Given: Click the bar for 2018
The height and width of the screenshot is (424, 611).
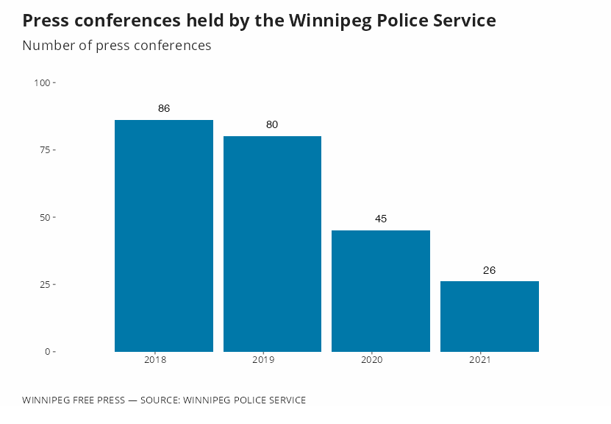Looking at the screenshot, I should coord(164,236).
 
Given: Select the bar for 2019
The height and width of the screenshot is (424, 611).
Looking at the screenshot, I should coord(272,244).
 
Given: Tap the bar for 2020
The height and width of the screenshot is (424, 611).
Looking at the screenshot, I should coord(381,291).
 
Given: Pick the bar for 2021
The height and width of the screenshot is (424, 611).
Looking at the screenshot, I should coord(490,317).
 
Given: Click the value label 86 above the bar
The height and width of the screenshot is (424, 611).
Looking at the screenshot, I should coord(164,108).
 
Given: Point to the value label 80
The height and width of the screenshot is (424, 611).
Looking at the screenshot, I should coord(272,124).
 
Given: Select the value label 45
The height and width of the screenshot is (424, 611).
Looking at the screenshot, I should coord(381,219).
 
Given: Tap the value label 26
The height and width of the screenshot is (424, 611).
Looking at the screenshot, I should coord(490,270).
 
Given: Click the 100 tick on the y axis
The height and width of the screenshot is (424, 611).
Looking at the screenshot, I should coord(42,83).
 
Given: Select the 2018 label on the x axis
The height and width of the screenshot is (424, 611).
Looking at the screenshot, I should coord(155,360).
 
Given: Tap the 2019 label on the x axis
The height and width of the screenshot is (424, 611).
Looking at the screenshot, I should coord(263,360).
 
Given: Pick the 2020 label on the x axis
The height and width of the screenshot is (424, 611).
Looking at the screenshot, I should coord(371,360).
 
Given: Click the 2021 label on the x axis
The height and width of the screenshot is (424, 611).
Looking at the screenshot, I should coord(479,360).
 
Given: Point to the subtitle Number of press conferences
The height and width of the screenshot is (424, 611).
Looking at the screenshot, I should coord(117,46).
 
